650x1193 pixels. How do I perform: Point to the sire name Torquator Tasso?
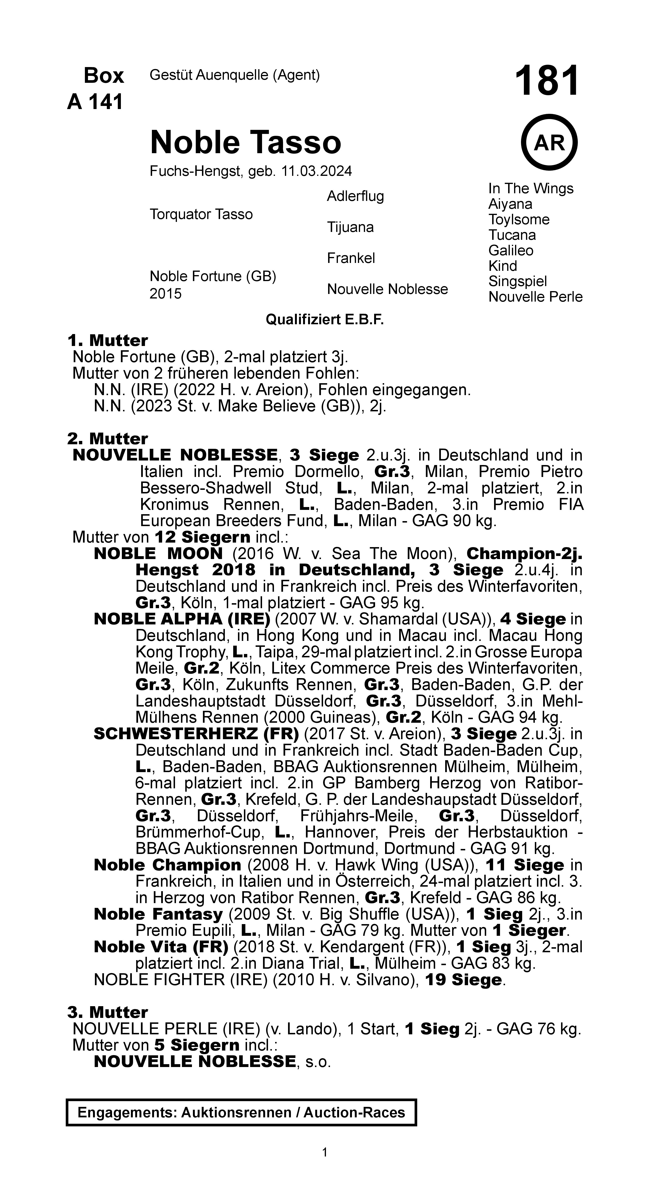[201, 215]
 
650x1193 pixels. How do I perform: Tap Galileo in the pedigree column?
[511, 251]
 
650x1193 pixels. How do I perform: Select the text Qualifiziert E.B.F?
[325, 319]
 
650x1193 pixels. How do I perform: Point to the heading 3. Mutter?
[107, 1012]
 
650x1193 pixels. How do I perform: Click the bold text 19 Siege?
[463, 979]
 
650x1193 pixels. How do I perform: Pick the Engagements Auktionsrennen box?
[241, 1112]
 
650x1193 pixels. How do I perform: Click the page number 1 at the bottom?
[325, 1152]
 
